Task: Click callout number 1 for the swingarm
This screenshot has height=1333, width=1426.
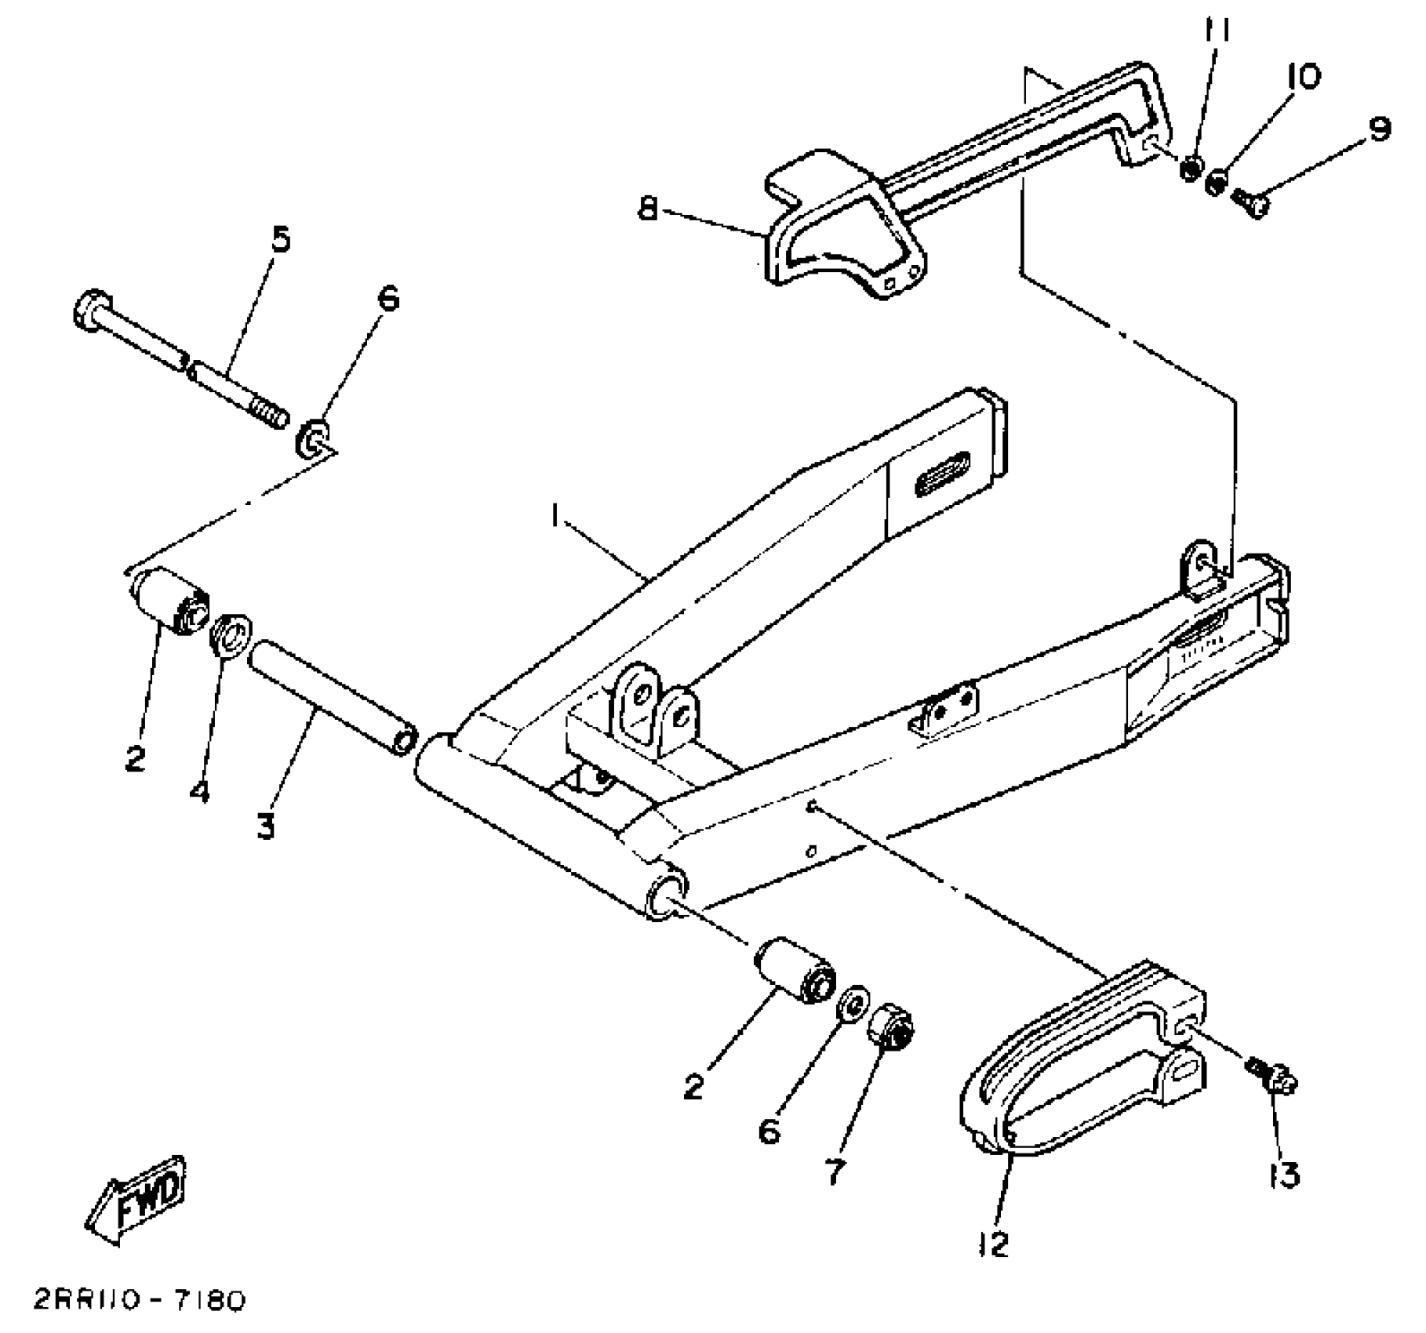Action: tap(555, 516)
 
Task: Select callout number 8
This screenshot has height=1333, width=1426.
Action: tap(648, 209)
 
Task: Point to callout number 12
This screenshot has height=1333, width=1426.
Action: tap(994, 1244)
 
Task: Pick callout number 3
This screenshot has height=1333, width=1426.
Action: tap(266, 826)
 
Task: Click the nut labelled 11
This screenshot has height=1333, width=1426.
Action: tap(1192, 167)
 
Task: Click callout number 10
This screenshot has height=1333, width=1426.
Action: tap(1303, 77)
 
